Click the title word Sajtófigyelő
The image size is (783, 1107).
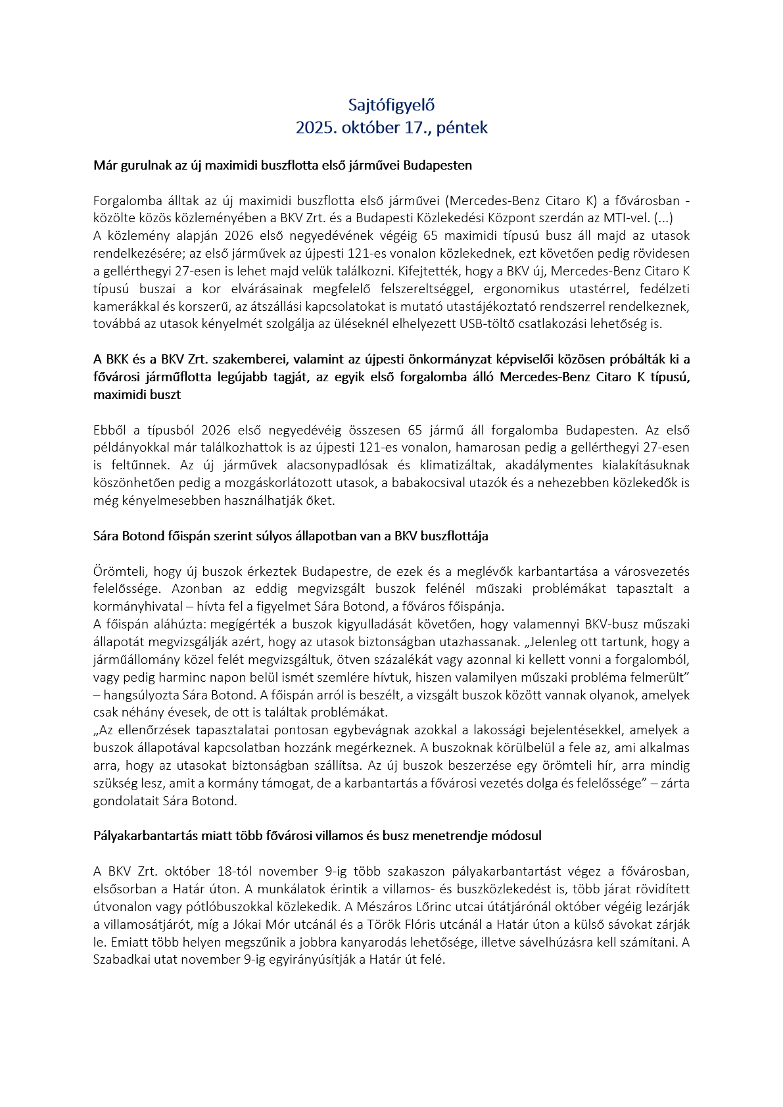[x=391, y=105]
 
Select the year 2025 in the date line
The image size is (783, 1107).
[x=315, y=128]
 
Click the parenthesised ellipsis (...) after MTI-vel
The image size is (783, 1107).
[x=663, y=218]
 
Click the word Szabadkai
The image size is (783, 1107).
[x=122, y=960]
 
